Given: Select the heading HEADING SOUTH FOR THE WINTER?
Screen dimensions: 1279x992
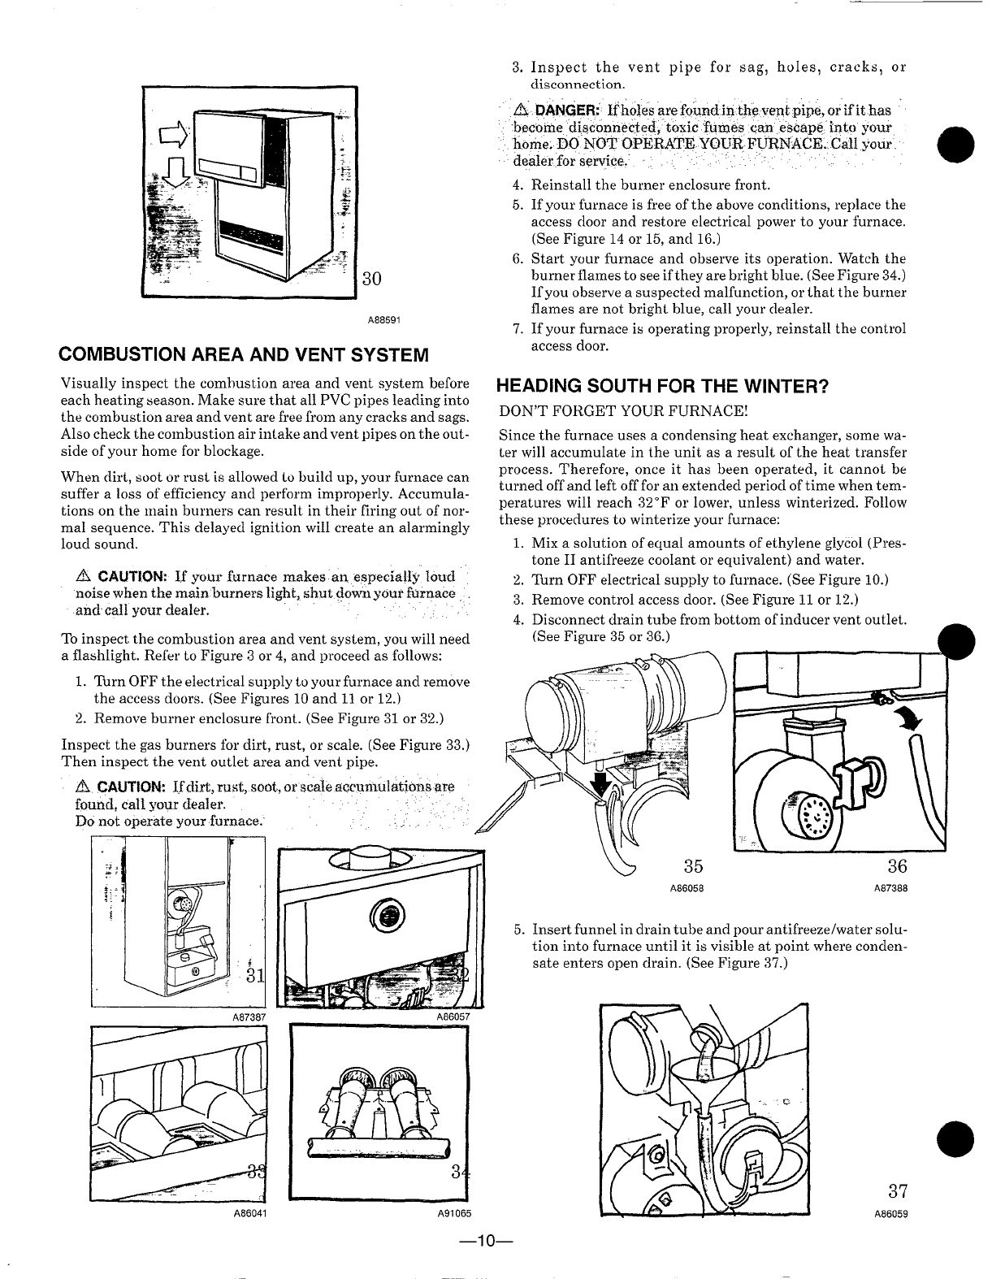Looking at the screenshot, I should [x=662, y=386].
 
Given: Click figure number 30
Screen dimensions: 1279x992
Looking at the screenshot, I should [x=371, y=280].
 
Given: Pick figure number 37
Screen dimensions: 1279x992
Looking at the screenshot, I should [x=897, y=1192].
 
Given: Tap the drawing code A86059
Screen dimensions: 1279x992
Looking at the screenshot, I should [x=890, y=1216].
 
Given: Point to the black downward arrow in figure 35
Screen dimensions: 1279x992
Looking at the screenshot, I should [x=602, y=784].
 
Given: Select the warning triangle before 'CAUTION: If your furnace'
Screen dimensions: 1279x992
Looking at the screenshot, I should [x=81, y=577].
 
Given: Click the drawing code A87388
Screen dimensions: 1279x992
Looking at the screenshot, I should [x=890, y=888].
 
